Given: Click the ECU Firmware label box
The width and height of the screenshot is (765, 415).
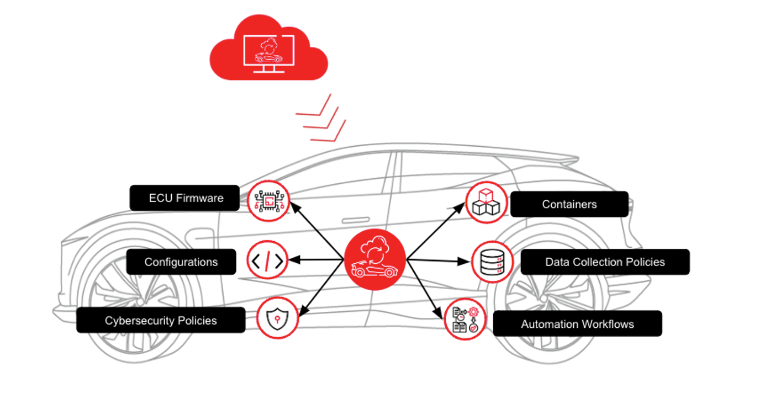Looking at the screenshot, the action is (x=184, y=198).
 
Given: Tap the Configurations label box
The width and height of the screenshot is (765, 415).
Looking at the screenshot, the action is (x=181, y=262).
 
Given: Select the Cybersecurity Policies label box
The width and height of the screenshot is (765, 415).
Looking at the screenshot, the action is (x=161, y=320).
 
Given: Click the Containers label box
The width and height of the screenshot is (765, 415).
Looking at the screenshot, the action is (x=569, y=204).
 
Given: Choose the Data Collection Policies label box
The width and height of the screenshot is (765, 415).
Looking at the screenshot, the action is (x=605, y=262).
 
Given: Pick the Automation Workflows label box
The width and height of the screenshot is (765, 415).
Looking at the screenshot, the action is (x=577, y=323).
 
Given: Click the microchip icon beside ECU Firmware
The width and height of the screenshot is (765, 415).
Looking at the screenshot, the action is (x=268, y=201).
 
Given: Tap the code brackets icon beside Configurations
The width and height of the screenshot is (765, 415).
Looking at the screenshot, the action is (x=267, y=260).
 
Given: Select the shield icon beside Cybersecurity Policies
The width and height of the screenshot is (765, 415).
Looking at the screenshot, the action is (x=277, y=318).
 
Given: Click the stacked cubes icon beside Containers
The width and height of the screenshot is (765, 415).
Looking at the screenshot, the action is (x=486, y=203).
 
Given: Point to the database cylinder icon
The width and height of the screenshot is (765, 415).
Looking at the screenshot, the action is (x=492, y=262).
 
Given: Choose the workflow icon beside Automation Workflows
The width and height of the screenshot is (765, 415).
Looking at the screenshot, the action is (x=465, y=319).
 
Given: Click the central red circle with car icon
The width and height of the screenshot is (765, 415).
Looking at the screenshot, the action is (x=375, y=260).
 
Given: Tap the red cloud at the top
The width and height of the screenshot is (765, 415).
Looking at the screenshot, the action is (x=269, y=48).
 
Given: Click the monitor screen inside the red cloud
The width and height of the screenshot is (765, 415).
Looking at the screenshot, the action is (x=269, y=50).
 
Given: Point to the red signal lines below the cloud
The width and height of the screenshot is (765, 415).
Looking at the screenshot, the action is (x=321, y=118).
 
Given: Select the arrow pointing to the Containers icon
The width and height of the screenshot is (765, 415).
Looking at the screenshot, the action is (x=436, y=231).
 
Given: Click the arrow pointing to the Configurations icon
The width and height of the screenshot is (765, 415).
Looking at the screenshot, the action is (x=316, y=260).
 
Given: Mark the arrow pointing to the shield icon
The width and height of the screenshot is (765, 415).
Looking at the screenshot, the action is (x=321, y=288).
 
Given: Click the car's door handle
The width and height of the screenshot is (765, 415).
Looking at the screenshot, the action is (x=356, y=220).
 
